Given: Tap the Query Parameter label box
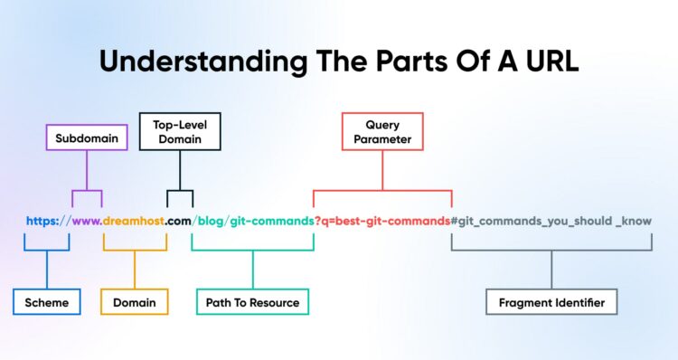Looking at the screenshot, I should tap(381, 131).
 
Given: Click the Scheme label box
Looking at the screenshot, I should tap(47, 302).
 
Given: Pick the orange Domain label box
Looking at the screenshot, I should tap(134, 302).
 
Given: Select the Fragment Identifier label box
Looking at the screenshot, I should tap(551, 302).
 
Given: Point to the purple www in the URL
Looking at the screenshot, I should tap(86, 221).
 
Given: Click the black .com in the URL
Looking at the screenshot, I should tap(179, 221).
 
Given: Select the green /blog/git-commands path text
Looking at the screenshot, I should tap(252, 221).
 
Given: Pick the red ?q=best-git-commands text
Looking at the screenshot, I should tap(381, 221).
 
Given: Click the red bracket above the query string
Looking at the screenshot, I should tap(381, 190).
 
